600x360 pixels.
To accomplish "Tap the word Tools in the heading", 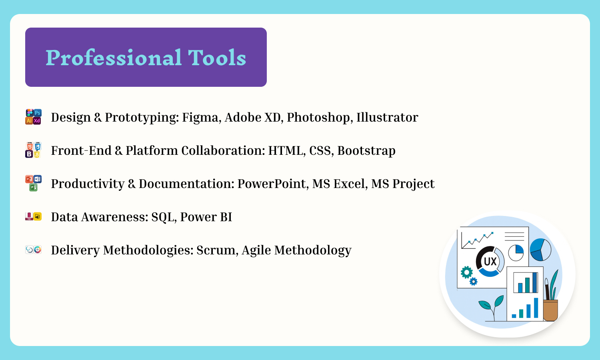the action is [217, 58].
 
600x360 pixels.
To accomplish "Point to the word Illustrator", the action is [387, 117].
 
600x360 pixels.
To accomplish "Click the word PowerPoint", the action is [273, 184].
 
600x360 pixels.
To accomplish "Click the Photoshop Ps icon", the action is [38, 113].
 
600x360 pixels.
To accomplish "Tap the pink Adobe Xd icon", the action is [37, 121].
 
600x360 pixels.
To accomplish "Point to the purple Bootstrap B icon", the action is [29, 154].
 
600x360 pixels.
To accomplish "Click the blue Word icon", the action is [38, 179].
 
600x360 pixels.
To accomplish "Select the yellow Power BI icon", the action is [38, 216].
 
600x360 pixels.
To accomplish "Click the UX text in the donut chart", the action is [490, 262].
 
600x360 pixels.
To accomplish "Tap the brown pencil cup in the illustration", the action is [550, 310].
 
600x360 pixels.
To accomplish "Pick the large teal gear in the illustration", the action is [467, 272].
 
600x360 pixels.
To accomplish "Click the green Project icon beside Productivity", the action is [33, 187].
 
